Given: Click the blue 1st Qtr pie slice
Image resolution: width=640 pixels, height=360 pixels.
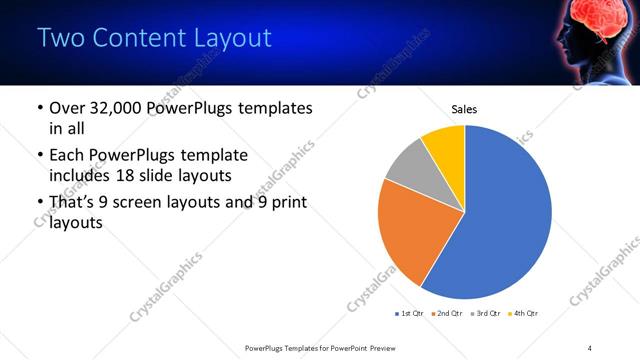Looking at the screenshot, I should pyautogui.click(x=510, y=215).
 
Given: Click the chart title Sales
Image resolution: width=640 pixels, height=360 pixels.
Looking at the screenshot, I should pyautogui.click(x=464, y=108).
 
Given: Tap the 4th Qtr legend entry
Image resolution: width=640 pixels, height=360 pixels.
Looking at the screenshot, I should pyautogui.click(x=523, y=314).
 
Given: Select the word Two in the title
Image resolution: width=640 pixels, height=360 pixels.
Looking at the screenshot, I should pyautogui.click(x=59, y=38).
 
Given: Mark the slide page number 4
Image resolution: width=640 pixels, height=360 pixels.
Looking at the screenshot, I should pyautogui.click(x=590, y=347).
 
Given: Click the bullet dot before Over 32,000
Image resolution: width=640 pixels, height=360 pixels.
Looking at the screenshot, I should pyautogui.click(x=39, y=108).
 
